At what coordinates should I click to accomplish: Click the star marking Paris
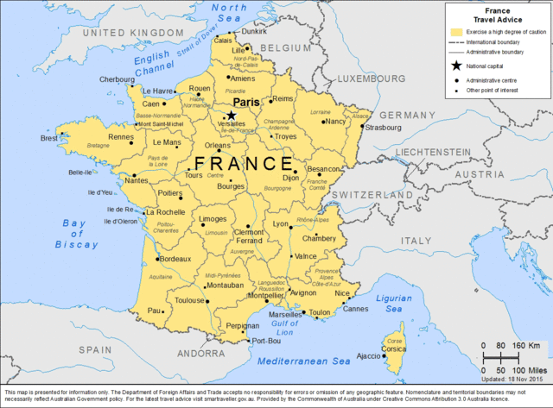pos(231,115)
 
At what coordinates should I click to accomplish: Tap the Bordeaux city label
pos(175,259)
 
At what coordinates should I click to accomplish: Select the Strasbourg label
pos(383,128)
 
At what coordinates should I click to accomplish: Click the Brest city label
pos(51,138)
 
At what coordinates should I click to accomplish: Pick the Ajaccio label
pos(368,355)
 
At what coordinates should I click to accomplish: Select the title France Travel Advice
pos(497,12)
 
